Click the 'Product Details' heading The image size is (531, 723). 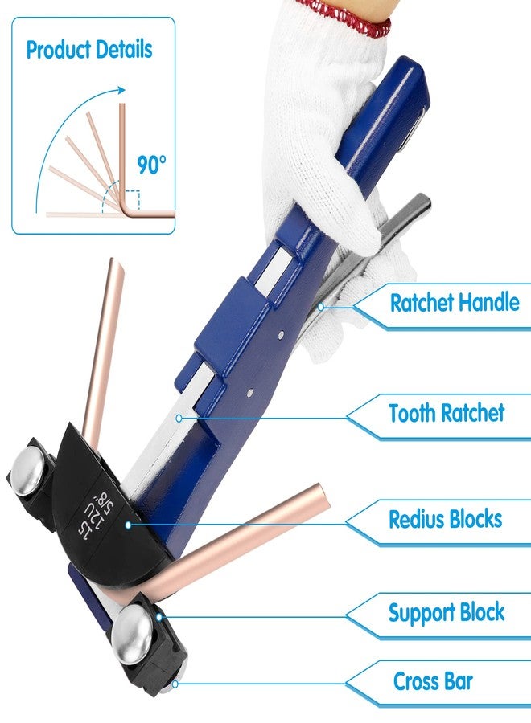point(89,49)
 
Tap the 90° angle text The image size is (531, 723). point(151,165)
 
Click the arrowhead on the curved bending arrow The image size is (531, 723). point(121,90)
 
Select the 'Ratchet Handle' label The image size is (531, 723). point(455,303)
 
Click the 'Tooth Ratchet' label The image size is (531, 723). point(447,413)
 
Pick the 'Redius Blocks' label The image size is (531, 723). point(446,519)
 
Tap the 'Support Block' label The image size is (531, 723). point(447,613)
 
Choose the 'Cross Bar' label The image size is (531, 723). point(433,681)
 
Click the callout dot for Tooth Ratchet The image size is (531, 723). point(179,418)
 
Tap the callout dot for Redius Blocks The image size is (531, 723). point(129,525)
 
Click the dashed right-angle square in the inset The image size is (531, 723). point(132,199)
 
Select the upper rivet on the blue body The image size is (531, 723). point(282,336)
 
